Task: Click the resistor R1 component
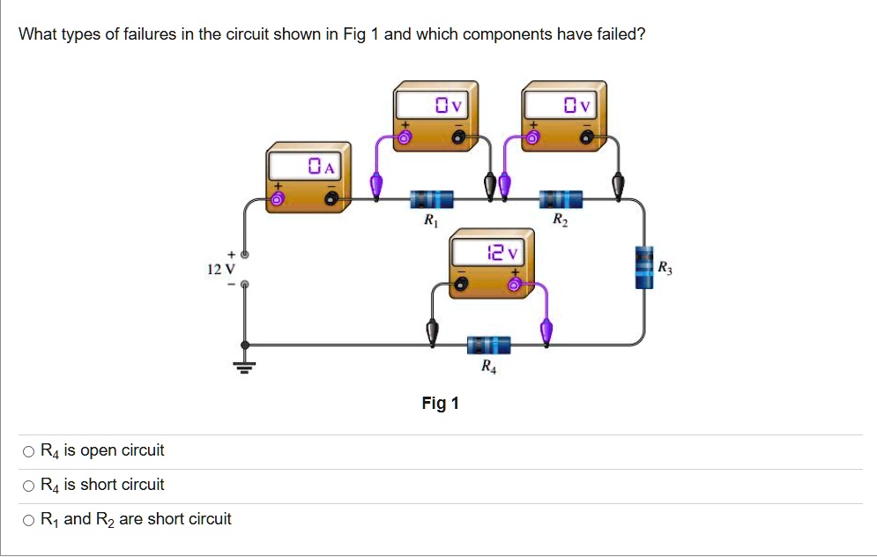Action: coord(431,199)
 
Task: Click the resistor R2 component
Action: coord(561,199)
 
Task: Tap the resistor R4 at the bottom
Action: coord(488,345)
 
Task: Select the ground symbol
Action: coord(244,366)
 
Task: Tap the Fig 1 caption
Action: coord(440,404)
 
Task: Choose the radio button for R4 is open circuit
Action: coord(29,452)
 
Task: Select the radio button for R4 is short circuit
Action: coord(29,486)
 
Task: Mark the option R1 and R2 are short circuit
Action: coord(29,521)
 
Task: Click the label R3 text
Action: coord(664,266)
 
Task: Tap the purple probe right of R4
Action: coord(546,331)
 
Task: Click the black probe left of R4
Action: coord(432,331)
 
